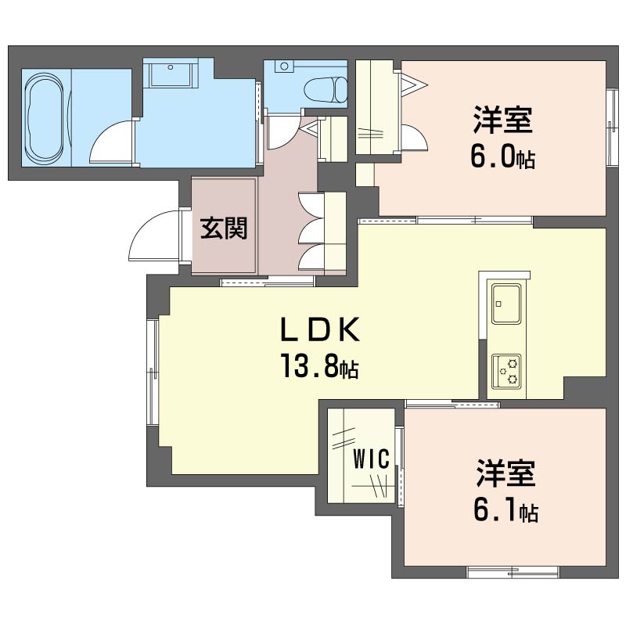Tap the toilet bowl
click(326, 89)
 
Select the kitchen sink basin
click(506, 304)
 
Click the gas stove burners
click(506, 371)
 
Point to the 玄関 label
click(224, 228)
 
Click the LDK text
click(320, 329)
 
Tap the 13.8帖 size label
click(320, 365)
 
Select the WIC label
click(371, 459)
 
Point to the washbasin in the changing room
click(171, 73)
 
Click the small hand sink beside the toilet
click(284, 67)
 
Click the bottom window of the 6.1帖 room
click(513, 572)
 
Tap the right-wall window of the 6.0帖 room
click(612, 126)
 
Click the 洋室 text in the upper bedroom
click(502, 120)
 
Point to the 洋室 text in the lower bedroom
click(505, 473)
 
